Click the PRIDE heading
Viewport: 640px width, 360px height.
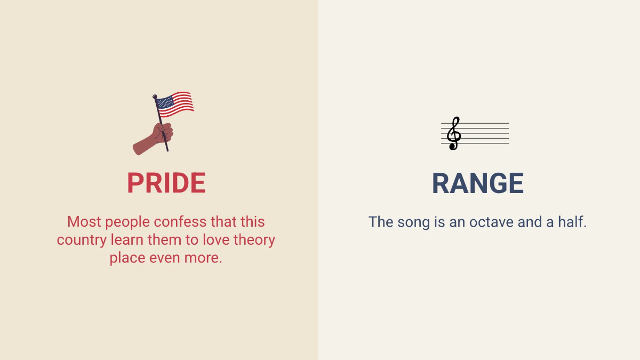[x=166, y=183]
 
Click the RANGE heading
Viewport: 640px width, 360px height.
[x=478, y=183]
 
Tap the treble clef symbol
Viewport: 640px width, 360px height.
[x=454, y=133]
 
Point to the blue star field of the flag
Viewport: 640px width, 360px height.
[x=165, y=102]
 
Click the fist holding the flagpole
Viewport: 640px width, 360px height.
[x=163, y=133]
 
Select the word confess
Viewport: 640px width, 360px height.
[x=180, y=222]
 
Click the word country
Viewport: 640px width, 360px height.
[x=82, y=240]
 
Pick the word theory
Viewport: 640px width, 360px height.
[x=254, y=240]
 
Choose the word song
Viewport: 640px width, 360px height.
[x=413, y=222]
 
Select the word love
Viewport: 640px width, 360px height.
[x=216, y=239]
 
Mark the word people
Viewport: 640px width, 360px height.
[x=127, y=222]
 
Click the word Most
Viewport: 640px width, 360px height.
[x=84, y=222]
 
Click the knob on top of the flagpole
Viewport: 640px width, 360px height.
[x=155, y=97]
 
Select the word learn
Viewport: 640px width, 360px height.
[x=127, y=239]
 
